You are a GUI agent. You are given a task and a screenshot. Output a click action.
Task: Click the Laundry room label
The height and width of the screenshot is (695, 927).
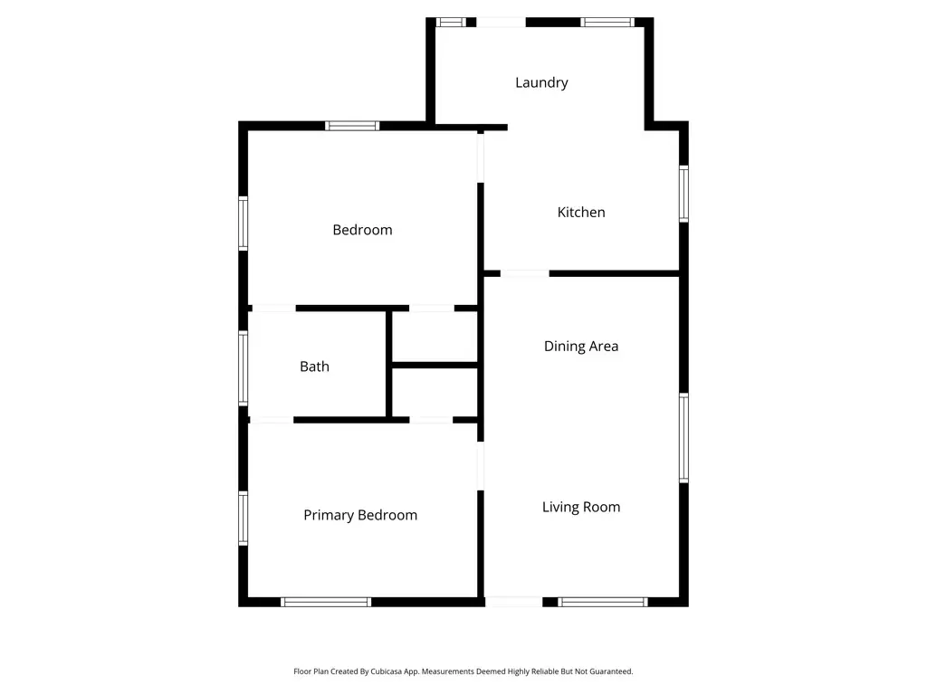pos(541,82)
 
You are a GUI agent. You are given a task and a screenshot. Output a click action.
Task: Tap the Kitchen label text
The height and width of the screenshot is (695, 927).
pos(580,212)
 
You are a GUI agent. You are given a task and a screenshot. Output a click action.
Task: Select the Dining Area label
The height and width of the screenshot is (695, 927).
pos(580,346)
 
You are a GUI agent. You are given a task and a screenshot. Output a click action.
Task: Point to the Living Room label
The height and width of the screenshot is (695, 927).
pos(580,507)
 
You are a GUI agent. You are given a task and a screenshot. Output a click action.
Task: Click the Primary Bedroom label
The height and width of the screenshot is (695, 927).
pos(360,515)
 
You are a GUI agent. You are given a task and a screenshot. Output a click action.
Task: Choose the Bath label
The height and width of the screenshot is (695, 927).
pos(314,367)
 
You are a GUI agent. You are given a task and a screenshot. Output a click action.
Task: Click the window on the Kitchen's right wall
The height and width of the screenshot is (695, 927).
pos(683,194)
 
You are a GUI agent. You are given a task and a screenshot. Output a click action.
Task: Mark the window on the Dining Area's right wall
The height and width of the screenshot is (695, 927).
pos(683,438)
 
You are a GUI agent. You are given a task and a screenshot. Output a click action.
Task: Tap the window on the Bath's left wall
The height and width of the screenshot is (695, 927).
pos(244,367)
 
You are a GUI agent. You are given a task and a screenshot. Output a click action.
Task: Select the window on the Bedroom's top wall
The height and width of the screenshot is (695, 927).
pos(352,126)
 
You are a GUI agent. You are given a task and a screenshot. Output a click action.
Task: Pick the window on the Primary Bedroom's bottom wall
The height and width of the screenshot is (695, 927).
pos(326,602)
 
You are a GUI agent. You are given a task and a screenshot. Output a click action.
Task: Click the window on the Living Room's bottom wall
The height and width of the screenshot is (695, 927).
pos(603,602)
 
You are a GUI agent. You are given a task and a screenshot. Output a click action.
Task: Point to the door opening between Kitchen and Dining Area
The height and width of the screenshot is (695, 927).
pos(525,273)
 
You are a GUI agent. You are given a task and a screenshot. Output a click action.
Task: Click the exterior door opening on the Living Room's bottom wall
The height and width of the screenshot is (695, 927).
pos(514,602)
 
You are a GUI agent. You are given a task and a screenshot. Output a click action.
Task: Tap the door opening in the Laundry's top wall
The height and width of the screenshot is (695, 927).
pos(501,22)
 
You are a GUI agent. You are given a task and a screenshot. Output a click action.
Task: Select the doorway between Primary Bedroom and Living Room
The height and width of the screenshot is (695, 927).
pos(481,467)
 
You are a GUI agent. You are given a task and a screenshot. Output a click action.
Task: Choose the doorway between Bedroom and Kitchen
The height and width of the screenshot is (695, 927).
pos(481,157)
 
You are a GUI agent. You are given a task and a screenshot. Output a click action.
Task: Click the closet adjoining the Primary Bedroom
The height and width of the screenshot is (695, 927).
pos(435,394)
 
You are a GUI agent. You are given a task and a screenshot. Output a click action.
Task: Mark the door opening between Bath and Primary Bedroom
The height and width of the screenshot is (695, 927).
pos(272,420)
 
